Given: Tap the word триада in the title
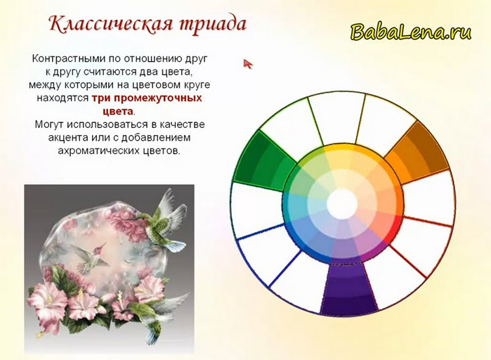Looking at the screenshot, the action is (x=213, y=25).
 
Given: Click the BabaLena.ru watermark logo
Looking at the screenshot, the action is (x=411, y=32).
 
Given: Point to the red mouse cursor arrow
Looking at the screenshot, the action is (x=248, y=64).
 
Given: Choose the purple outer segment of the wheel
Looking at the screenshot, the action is (x=348, y=289).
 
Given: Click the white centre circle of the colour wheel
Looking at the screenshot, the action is (x=342, y=204).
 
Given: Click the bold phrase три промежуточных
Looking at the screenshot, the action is (x=147, y=98).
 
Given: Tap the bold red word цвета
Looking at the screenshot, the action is (x=118, y=111).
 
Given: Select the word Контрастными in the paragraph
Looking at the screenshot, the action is (x=70, y=58).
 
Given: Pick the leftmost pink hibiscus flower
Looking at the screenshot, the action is (x=47, y=299).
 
